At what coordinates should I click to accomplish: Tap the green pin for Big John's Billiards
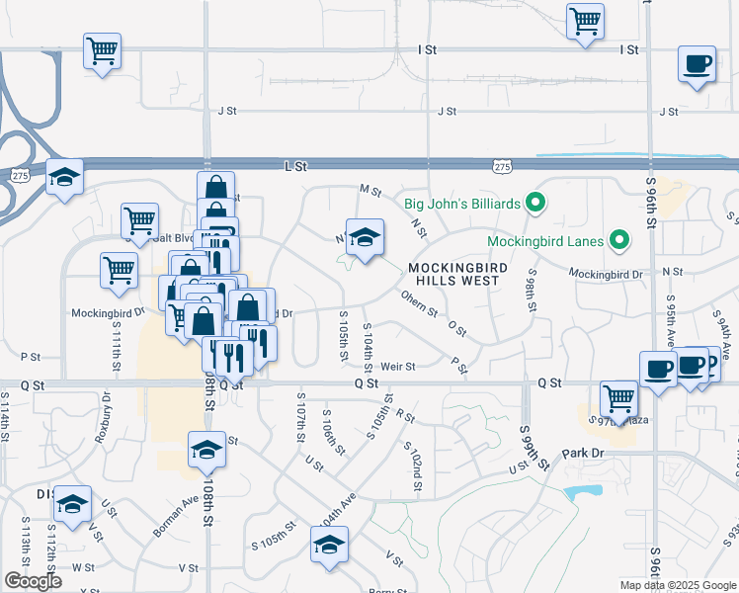click(536, 205)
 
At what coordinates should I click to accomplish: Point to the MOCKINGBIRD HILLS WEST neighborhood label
click(457, 274)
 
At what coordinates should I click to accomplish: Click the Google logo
click(32, 581)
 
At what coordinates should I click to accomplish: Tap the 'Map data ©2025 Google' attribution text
click(678, 585)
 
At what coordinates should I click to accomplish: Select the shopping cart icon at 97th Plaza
click(619, 399)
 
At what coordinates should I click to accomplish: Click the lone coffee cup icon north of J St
click(697, 65)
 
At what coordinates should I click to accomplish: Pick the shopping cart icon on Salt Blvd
click(139, 219)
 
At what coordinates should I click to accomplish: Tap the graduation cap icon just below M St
click(365, 237)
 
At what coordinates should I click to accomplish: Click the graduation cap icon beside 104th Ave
click(330, 545)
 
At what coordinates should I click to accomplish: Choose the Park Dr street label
click(582, 453)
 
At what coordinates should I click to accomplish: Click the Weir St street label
click(398, 366)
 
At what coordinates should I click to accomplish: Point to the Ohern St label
click(419, 303)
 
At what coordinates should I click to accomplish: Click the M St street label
click(370, 189)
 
